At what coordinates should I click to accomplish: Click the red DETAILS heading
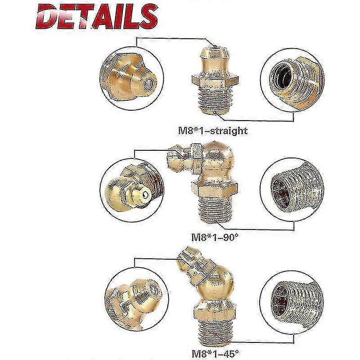(97, 17)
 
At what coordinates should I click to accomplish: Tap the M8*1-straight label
(213, 131)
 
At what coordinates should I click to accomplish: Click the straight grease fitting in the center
(215, 80)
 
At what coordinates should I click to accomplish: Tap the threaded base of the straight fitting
(215, 100)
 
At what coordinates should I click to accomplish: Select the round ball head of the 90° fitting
(218, 156)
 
